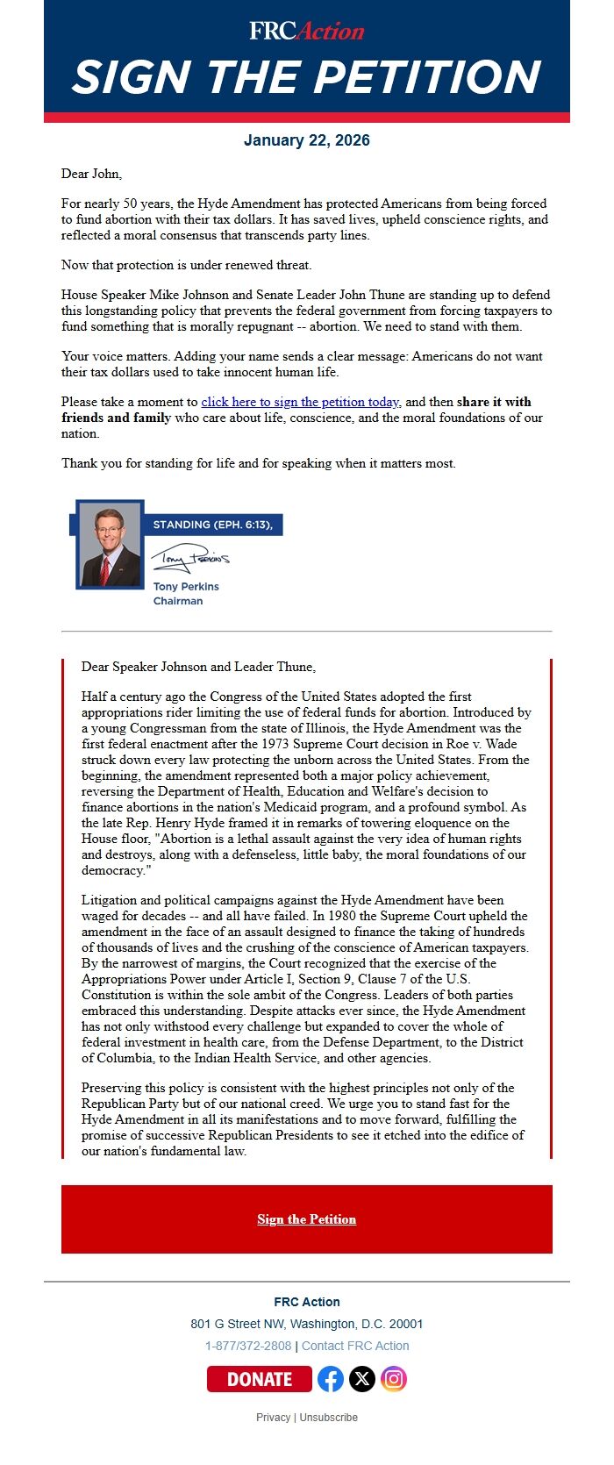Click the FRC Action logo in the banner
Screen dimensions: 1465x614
[x=306, y=31]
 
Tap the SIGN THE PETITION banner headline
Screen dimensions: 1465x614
[x=306, y=77]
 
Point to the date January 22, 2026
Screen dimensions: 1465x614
[x=306, y=140]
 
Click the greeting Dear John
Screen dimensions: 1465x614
[x=91, y=174]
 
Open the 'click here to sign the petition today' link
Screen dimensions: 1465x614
[x=300, y=402]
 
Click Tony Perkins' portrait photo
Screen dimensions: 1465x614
[x=111, y=546]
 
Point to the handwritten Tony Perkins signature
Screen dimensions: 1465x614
[x=189, y=558]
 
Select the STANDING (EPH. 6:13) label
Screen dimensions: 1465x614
[x=212, y=525]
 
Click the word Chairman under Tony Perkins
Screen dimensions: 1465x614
[x=178, y=601]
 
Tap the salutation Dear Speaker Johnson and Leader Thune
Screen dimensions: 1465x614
[x=198, y=667]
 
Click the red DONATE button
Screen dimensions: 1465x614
[x=259, y=1379]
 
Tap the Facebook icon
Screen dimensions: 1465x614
[x=331, y=1379]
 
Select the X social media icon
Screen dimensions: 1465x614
[x=362, y=1379]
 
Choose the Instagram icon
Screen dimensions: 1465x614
[x=394, y=1379]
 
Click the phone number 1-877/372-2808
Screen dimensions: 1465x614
[x=247, y=1346]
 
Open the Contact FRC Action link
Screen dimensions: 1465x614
[x=355, y=1346]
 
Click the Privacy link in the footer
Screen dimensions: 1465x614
[x=273, y=1417]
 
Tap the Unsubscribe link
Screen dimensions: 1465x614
[x=329, y=1417]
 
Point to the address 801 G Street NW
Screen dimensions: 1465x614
[x=306, y=1324]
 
